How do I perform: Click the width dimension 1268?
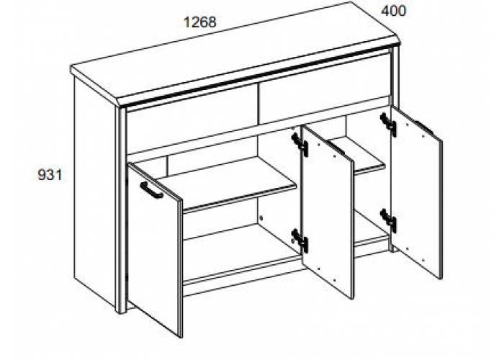click(200, 22)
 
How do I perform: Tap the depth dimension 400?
click(393, 11)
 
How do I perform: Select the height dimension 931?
click(50, 175)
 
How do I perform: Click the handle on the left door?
click(151, 190)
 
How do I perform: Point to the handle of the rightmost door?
click(423, 127)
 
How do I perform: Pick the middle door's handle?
click(336, 147)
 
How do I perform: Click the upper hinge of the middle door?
click(300, 145)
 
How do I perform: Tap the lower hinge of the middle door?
click(300, 240)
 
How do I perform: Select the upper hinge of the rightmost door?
click(388, 125)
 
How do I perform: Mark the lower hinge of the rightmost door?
click(388, 220)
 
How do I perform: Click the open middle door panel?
click(327, 212)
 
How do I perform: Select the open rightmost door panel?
click(416, 192)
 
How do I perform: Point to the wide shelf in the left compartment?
click(225, 183)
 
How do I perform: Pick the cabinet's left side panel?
click(94, 192)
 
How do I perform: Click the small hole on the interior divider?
click(261, 218)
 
